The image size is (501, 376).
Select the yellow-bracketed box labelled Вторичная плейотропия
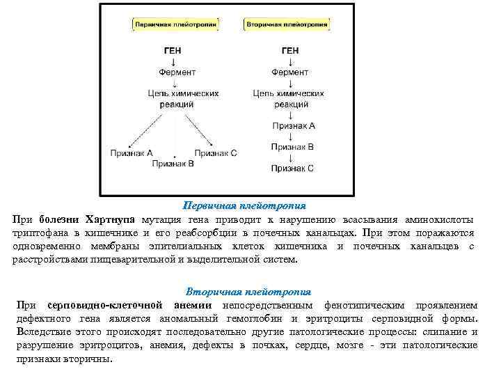click(x=286, y=24)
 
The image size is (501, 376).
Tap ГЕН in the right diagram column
click(x=290, y=51)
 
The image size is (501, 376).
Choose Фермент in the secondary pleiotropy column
click(x=291, y=72)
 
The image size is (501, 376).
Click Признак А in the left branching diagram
click(x=131, y=152)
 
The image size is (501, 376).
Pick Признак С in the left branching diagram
click(x=216, y=152)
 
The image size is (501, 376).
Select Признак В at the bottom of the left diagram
click(x=173, y=164)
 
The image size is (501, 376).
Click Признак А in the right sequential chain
click(x=293, y=126)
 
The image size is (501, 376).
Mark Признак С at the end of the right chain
click(x=292, y=168)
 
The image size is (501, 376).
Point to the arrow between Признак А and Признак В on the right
click(x=291, y=136)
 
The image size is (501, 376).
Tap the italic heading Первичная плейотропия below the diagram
click(x=244, y=206)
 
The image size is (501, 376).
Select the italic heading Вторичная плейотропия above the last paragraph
click(x=248, y=291)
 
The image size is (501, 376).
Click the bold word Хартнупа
click(x=113, y=219)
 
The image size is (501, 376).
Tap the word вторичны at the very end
click(x=90, y=359)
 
